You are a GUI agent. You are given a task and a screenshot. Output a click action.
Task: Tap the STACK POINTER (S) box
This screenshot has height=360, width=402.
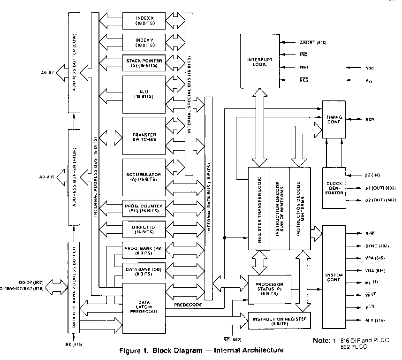click(144, 63)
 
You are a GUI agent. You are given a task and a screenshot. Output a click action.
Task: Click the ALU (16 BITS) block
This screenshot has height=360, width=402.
click(144, 92)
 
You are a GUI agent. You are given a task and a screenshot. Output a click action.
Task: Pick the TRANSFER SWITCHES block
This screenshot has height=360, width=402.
click(144, 136)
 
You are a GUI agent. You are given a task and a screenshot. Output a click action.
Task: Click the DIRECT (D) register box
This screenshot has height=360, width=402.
click(144, 228)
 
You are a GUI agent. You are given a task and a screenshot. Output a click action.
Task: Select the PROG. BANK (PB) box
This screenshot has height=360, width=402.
click(144, 250)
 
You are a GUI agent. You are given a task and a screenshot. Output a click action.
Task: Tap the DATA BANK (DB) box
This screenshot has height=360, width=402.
click(144, 271)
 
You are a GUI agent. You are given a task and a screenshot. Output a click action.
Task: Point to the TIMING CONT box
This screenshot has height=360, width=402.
click(334, 119)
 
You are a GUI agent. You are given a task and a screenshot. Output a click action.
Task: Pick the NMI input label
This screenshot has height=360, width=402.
click(304, 68)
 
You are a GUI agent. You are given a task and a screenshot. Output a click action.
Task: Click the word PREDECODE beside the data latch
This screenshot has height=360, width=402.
click(188, 305)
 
